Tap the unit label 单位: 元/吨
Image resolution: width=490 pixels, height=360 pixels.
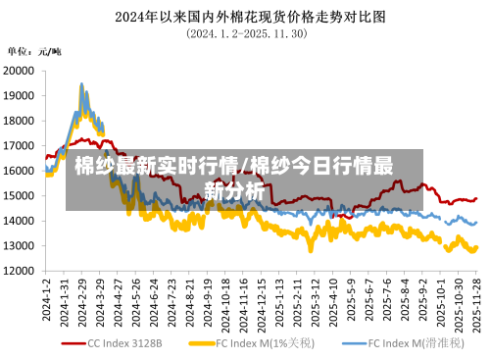point(34,51)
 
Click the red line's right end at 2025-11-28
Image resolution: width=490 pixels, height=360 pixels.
point(477,198)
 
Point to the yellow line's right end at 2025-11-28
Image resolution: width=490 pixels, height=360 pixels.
point(477,247)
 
